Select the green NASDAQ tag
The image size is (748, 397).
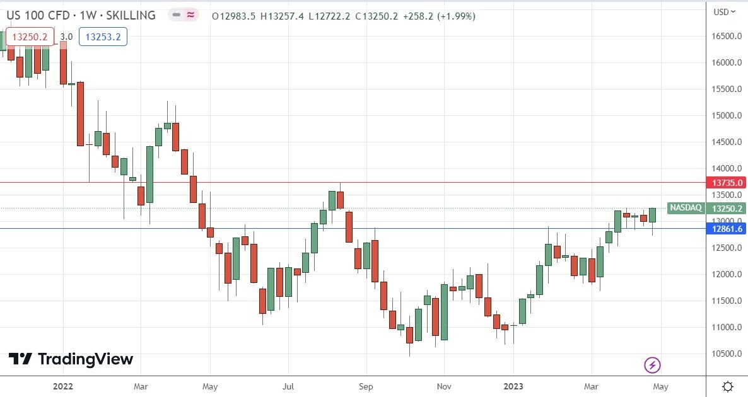click(686, 208)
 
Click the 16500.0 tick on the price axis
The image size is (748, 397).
click(726, 37)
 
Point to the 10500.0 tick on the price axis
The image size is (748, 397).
click(726, 354)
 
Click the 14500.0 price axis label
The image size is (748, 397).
click(726, 142)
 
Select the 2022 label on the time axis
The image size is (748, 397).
click(63, 386)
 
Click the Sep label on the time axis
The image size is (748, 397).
click(366, 386)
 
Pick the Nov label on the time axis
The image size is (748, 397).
click(444, 386)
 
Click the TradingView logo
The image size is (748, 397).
click(71, 359)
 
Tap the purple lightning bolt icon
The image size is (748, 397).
click(652, 364)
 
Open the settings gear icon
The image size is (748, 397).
click(727, 386)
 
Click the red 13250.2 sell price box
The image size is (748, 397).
click(30, 37)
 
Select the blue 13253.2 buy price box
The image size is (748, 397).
click(103, 37)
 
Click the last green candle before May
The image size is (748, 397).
click(652, 215)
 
